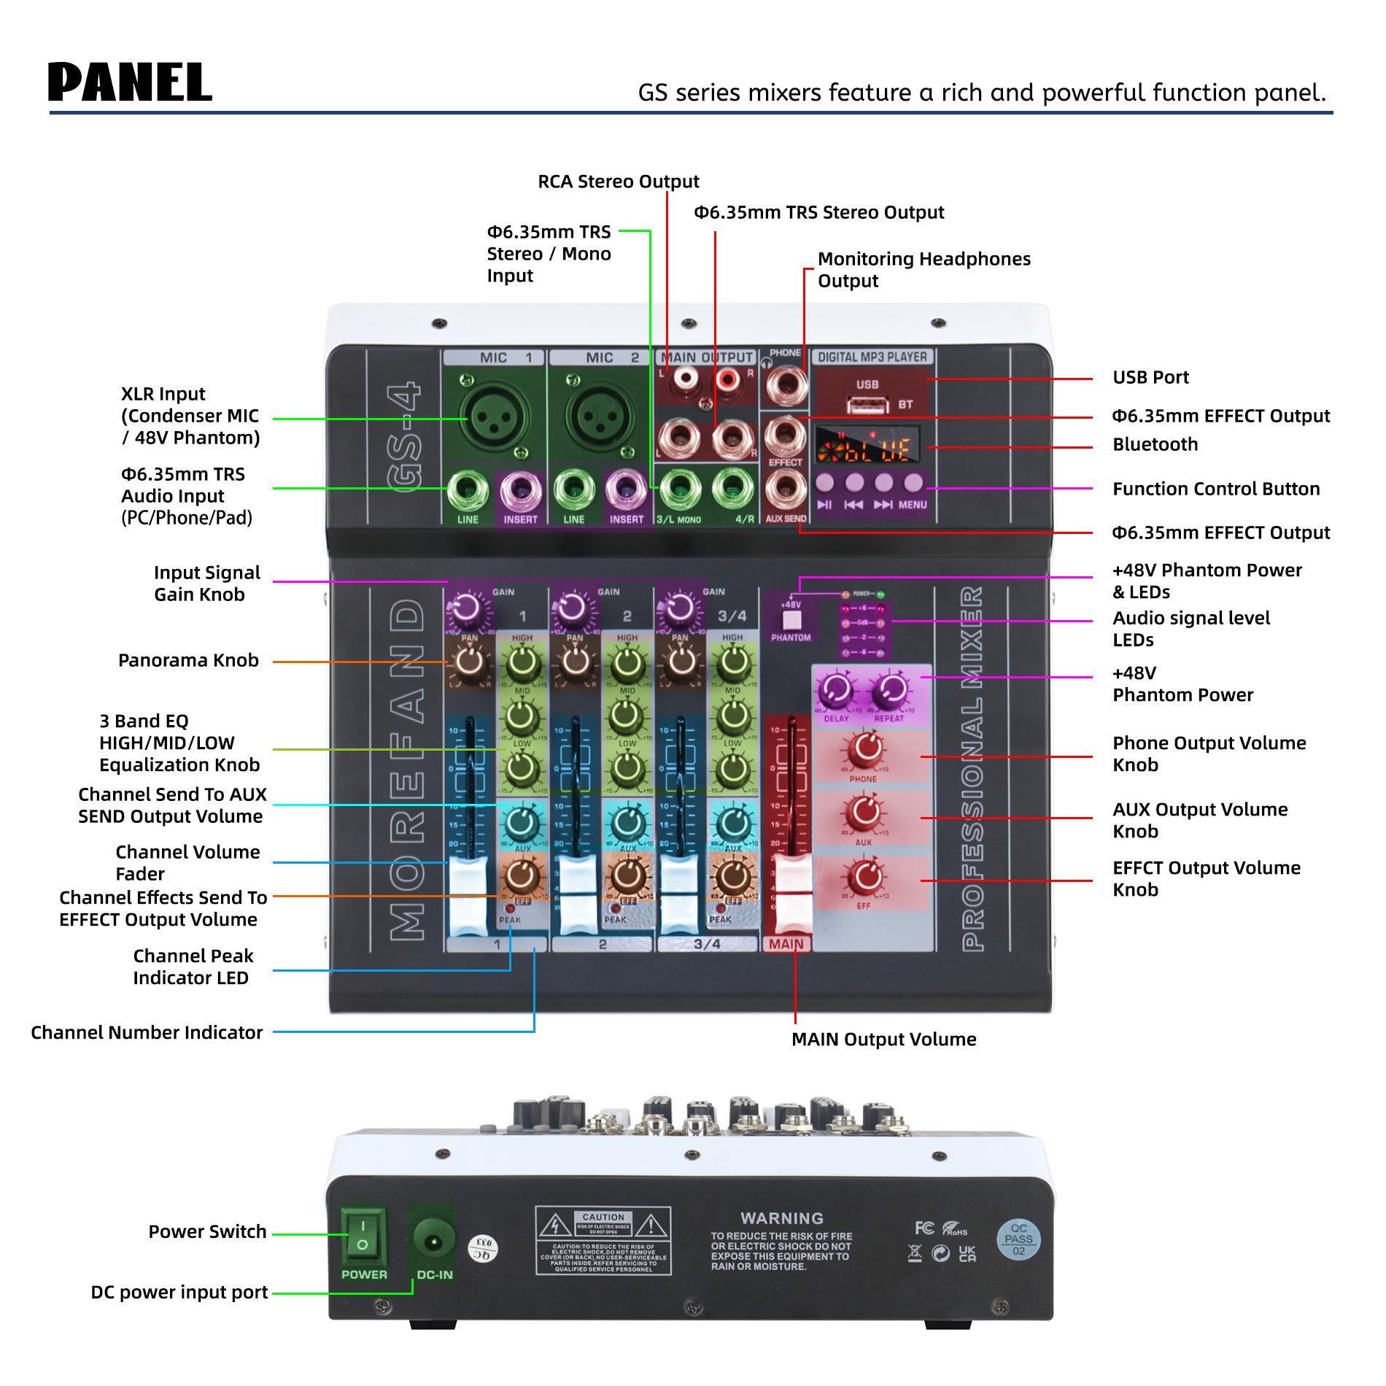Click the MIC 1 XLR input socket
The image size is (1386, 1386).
pyautogui.click(x=494, y=417)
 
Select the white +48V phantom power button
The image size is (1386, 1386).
pyautogui.click(x=791, y=619)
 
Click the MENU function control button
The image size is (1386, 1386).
pyautogui.click(x=913, y=483)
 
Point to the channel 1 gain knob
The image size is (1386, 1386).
pyautogui.click(x=466, y=608)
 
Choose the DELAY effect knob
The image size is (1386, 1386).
pyautogui.click(x=836, y=689)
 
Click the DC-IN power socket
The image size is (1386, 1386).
pyautogui.click(x=433, y=1240)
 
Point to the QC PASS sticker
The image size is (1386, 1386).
pyautogui.click(x=1018, y=1239)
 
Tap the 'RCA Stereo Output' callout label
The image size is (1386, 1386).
pyautogui.click(x=618, y=182)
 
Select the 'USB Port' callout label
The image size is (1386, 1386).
pyautogui.click(x=1150, y=377)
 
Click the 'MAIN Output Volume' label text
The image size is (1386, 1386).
pyautogui.click(x=883, y=1039)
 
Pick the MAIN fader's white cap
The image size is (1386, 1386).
pyautogui.click(x=791, y=879)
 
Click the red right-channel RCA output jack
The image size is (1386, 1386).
pyautogui.click(x=727, y=379)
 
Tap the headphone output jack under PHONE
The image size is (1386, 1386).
pyautogui.click(x=786, y=384)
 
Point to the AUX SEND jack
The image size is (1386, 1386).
pyautogui.click(x=786, y=488)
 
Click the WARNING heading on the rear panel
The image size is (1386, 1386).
pyautogui.click(x=781, y=1218)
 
